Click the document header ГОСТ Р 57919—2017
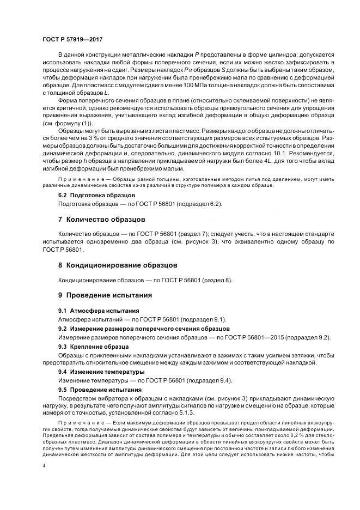click(x=72, y=40)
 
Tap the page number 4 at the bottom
click(x=44, y=466)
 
